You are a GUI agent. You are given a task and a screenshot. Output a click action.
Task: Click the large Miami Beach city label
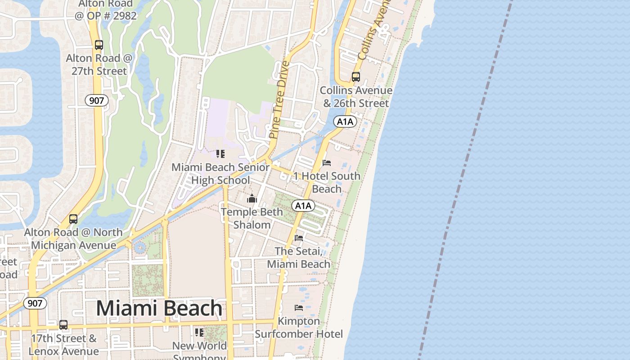(159, 308)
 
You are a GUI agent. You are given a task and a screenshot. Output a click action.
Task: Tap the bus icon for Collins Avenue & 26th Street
(356, 77)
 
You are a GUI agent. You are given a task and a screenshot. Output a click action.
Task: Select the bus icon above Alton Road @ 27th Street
(99, 45)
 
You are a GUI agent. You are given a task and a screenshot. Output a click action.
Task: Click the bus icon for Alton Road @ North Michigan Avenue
(73, 219)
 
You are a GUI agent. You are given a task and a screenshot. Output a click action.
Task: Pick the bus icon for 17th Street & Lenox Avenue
(63, 325)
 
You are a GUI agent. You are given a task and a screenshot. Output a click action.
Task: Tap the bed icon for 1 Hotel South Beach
(327, 163)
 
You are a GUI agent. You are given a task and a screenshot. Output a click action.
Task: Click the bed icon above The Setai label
(299, 238)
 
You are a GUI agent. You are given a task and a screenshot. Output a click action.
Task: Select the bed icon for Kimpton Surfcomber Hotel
(299, 308)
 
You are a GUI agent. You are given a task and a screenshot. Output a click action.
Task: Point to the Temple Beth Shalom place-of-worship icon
(252, 198)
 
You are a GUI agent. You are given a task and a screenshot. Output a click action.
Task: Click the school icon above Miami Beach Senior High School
(220, 154)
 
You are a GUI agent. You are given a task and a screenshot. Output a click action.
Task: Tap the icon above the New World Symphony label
(199, 333)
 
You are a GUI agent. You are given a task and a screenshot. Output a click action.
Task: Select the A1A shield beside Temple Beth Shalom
(303, 206)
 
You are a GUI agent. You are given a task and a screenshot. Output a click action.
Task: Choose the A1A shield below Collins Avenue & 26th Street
(345, 121)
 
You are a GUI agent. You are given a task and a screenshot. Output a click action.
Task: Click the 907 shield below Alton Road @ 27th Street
(97, 100)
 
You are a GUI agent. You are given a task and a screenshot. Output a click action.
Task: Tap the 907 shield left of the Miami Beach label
(35, 303)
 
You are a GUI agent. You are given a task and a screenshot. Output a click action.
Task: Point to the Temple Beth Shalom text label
(252, 218)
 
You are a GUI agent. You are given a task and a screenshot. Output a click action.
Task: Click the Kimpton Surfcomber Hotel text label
(299, 328)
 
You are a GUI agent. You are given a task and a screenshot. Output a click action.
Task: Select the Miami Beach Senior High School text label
(220, 174)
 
